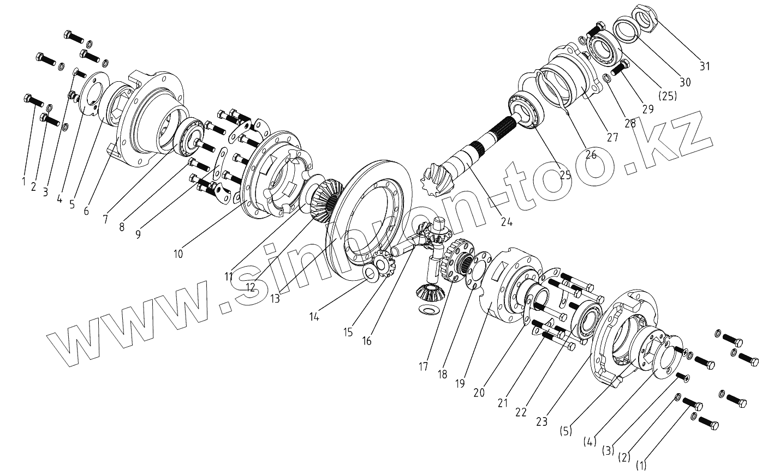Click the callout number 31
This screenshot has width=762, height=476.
click(705, 67)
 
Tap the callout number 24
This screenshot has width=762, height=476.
click(507, 222)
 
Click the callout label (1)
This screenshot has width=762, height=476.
click(641, 465)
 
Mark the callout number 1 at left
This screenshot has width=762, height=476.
click(23, 181)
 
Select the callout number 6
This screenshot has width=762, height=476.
click(86, 210)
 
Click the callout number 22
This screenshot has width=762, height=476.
click(521, 412)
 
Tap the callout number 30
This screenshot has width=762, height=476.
click(684, 82)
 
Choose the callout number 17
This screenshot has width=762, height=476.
click(424, 366)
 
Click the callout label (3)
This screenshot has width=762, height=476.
click(606, 451)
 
